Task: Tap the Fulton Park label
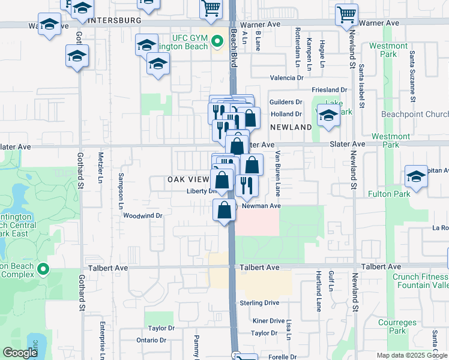coord(410,194)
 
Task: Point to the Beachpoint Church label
coord(415,114)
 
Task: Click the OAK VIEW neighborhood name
coord(188,179)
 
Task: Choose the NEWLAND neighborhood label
coord(291,127)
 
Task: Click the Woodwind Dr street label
coord(143,215)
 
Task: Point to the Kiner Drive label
coord(268,321)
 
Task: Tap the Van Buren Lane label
coord(278,173)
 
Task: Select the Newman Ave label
coord(261,206)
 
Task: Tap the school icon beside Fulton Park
coord(415,176)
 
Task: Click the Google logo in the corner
coord(20,353)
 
